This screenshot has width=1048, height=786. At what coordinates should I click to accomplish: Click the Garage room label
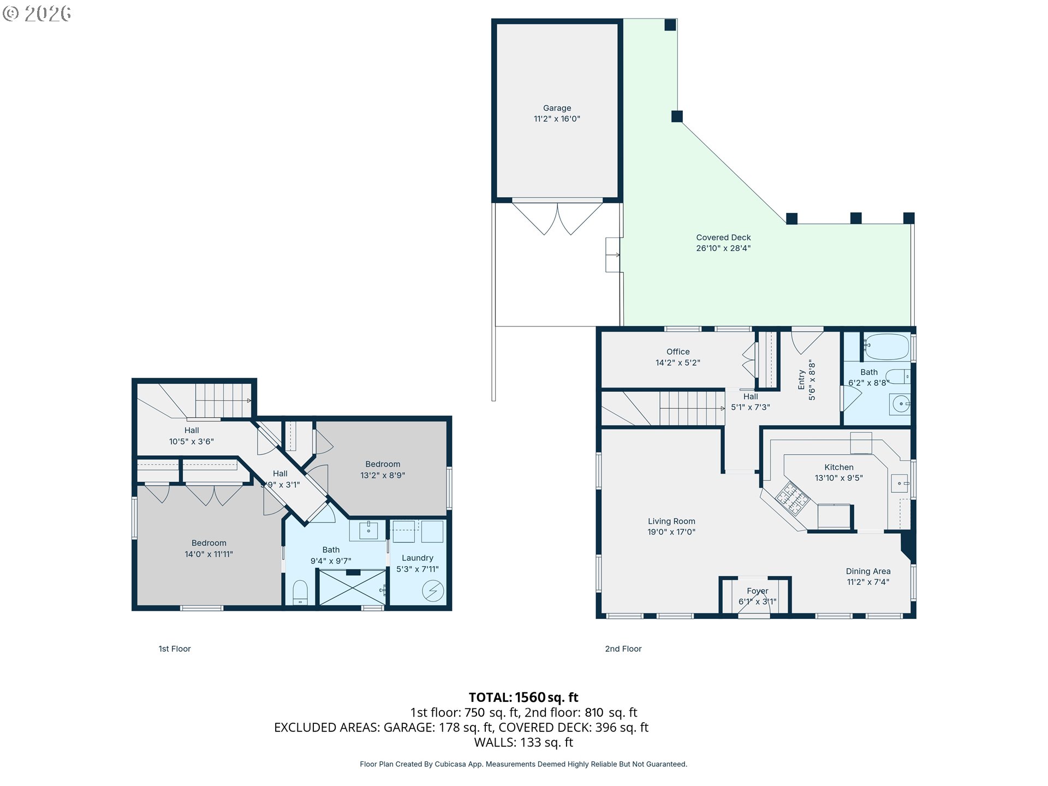click(557, 108)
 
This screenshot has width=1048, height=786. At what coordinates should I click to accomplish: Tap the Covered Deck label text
click(723, 237)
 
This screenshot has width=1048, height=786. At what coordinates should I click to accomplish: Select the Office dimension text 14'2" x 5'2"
click(677, 362)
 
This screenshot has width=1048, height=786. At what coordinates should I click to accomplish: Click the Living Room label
click(671, 521)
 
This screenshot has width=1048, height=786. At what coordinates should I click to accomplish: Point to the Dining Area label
click(868, 571)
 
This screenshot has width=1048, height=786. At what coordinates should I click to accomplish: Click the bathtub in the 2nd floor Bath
click(886, 347)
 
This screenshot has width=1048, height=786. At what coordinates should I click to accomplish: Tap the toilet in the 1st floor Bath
click(300, 592)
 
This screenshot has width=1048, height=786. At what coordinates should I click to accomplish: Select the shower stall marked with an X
click(353, 587)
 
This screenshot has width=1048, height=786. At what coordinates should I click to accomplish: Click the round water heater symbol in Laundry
click(433, 591)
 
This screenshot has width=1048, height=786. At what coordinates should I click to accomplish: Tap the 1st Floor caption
click(175, 648)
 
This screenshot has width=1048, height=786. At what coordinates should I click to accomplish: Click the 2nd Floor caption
click(623, 648)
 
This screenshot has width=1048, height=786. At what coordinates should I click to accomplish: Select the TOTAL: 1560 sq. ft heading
click(523, 697)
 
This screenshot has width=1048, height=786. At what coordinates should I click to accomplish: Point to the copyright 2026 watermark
click(37, 13)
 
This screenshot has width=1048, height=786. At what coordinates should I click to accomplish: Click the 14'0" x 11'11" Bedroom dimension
click(209, 554)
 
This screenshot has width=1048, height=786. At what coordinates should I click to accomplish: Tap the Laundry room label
click(418, 558)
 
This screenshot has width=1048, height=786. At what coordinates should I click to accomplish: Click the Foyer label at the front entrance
click(758, 591)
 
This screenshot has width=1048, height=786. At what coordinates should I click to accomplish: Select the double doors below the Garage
click(557, 218)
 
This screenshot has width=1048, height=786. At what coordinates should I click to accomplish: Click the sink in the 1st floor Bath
click(368, 530)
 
